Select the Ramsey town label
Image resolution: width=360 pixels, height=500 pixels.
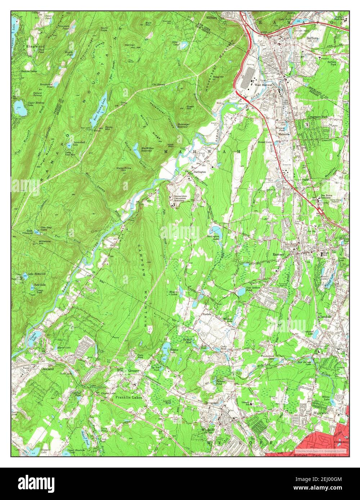click(x=279, y=254)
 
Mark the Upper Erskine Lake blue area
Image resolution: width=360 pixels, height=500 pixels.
click(x=20, y=108)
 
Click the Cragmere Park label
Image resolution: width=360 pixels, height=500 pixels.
click(x=318, y=117)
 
